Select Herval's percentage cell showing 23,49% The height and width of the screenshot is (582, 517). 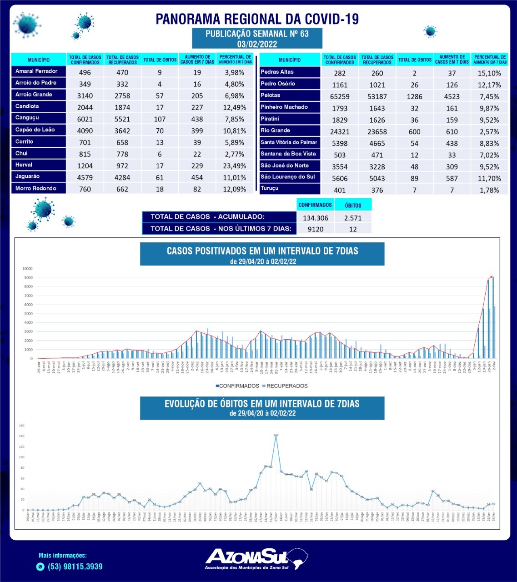(x=235, y=166)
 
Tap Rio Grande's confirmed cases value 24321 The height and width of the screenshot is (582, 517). (x=340, y=131)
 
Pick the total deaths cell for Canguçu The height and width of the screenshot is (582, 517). (x=160, y=119)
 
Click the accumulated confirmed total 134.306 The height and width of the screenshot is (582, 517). (x=316, y=218)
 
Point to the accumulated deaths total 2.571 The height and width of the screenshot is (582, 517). (x=353, y=218)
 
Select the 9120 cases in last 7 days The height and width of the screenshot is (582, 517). (x=316, y=229)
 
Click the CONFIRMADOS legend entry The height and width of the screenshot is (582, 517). (x=237, y=386)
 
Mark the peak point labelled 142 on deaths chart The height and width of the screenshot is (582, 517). (x=276, y=436)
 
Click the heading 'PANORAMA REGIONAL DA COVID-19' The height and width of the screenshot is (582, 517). (x=257, y=19)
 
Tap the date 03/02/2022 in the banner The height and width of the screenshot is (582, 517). (x=257, y=44)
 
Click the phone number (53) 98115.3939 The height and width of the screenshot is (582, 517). (x=75, y=567)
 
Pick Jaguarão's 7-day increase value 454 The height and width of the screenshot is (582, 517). (x=197, y=177)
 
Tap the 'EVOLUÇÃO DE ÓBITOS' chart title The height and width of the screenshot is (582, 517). (x=262, y=404)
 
